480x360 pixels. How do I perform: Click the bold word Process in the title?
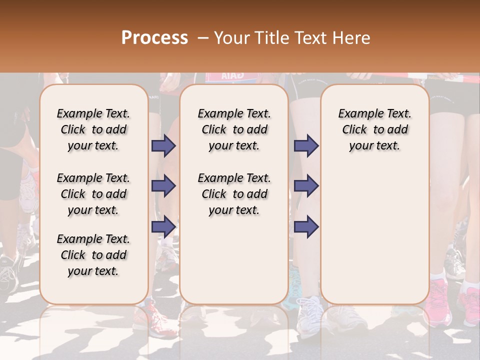tap(154, 38)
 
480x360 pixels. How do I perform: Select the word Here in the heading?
tap(352, 38)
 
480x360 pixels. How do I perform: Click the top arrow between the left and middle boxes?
tap(163, 146)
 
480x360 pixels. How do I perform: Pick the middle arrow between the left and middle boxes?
tap(163, 186)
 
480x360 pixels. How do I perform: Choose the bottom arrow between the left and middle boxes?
tap(163, 226)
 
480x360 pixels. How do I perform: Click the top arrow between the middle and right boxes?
tap(306, 146)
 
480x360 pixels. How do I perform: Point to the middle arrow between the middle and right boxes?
tap(306, 186)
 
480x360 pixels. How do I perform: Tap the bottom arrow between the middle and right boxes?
tap(306, 226)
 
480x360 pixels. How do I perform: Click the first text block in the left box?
tap(93, 129)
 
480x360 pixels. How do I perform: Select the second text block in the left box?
tap(93, 194)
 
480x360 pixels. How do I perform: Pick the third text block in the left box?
tap(93, 255)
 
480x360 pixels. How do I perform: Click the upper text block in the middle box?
tap(234, 129)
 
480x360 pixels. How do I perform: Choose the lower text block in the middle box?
tap(234, 194)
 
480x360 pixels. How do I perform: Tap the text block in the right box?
tap(375, 129)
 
